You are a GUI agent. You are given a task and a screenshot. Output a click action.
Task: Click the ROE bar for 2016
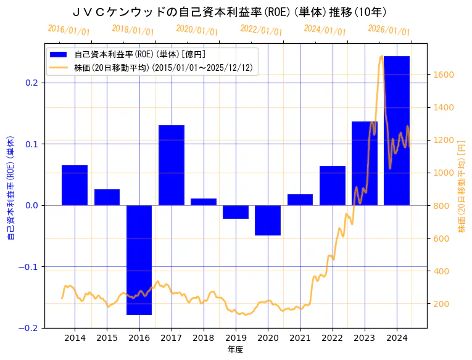[139, 260]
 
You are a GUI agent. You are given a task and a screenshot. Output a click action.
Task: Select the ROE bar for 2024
[397, 131]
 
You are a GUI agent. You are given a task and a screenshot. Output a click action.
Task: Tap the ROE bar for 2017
[171, 165]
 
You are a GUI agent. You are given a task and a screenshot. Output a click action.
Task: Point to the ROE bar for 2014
[75, 185]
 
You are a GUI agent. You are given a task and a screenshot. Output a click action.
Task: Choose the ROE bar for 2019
[236, 212]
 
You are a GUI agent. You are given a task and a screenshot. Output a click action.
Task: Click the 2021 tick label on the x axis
[300, 338]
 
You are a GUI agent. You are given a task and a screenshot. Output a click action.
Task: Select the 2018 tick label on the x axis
[204, 338]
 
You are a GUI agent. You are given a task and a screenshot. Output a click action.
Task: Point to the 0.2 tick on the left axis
[31, 83]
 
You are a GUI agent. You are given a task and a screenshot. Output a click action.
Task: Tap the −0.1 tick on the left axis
[30, 267]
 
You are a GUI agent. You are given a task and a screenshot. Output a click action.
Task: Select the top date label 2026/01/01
[389, 30]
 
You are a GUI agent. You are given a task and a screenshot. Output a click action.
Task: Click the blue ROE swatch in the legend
[60, 54]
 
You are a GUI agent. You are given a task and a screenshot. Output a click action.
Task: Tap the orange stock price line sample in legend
[60, 68]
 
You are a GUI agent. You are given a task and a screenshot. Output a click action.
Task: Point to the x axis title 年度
[236, 350]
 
